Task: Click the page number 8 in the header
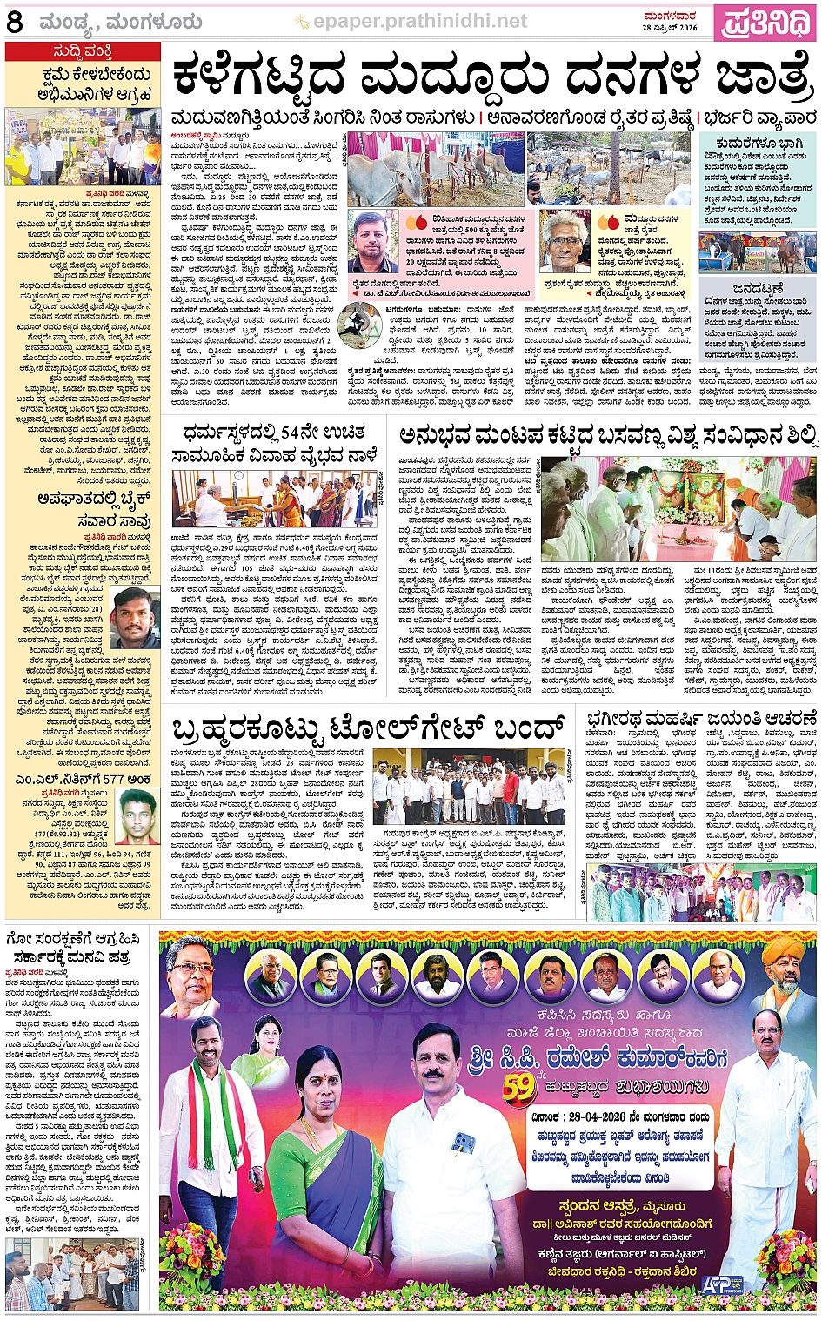point(15,22)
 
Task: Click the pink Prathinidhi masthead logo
point(767,21)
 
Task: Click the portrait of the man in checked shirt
point(375,241)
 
